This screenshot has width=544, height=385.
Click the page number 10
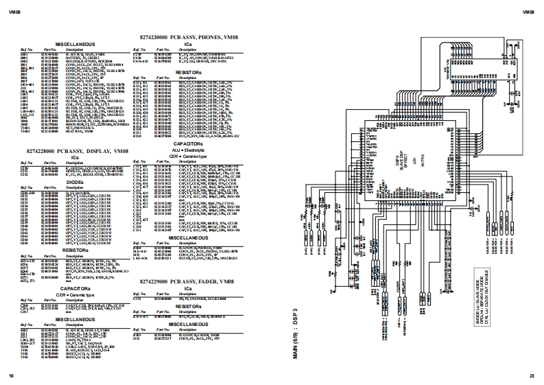(10, 375)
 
